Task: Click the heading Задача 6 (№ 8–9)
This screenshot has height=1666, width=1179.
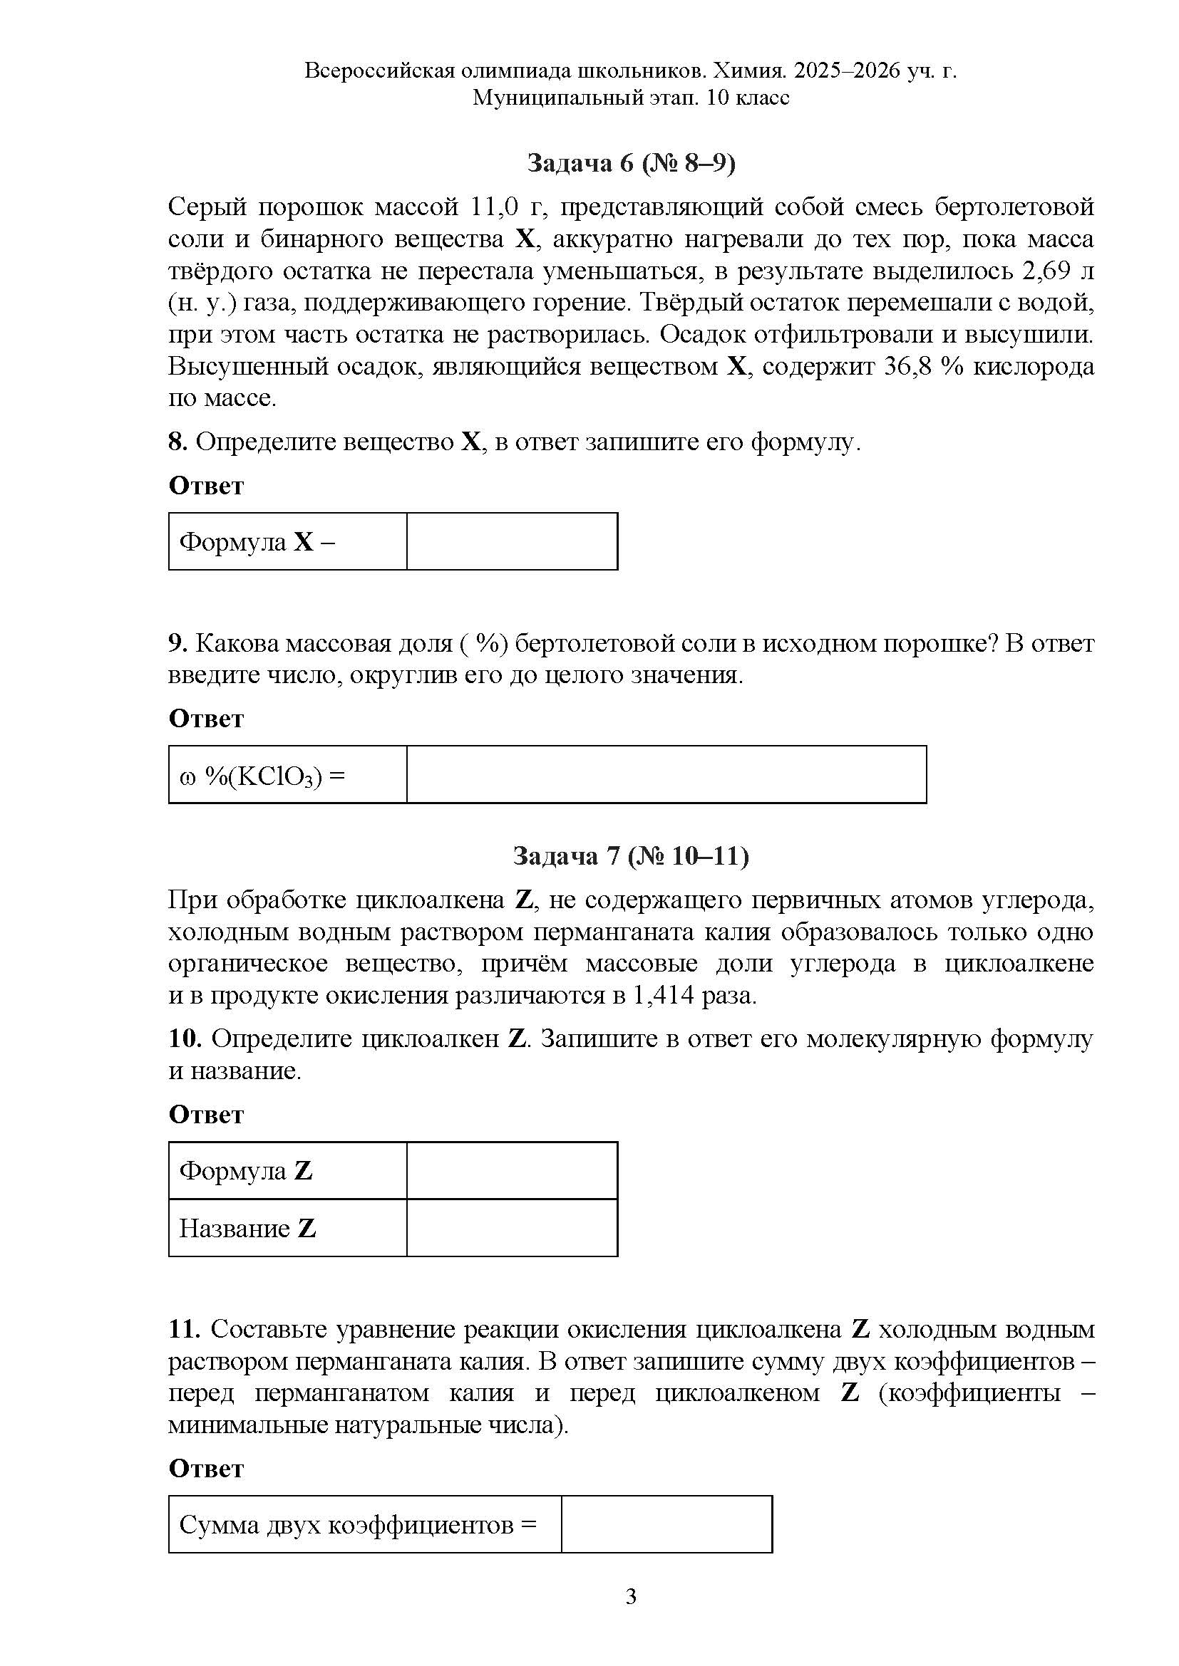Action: pyautogui.click(x=630, y=164)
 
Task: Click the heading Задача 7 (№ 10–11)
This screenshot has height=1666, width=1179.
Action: pyautogui.click(x=630, y=856)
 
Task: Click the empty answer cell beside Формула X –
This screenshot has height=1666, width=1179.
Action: pyautogui.click(x=512, y=541)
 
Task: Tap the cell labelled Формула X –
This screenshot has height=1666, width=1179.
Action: pyautogui.click(x=287, y=541)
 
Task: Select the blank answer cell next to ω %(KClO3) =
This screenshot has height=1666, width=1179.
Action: pyautogui.click(x=666, y=774)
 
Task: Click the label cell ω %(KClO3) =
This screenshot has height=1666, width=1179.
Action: pyautogui.click(x=287, y=774)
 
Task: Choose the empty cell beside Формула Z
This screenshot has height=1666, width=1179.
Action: pyautogui.click(x=512, y=1170)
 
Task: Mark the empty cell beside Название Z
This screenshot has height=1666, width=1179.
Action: pyautogui.click(x=512, y=1228)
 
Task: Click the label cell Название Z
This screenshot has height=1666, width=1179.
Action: pyautogui.click(x=287, y=1228)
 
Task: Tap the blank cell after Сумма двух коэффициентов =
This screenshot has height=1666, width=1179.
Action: pyautogui.click(x=666, y=1524)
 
